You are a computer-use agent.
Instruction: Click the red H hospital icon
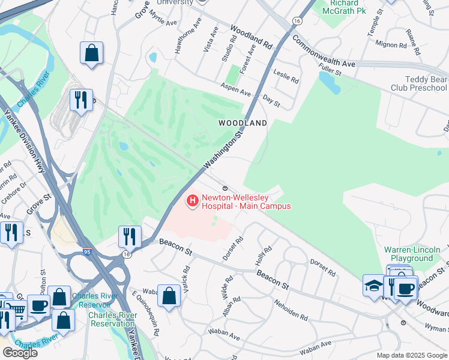193,201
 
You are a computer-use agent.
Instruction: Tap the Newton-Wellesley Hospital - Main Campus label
246,202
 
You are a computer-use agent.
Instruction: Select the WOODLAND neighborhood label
243,123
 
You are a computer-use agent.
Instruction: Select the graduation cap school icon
373,284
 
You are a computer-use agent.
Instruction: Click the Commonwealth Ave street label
324,51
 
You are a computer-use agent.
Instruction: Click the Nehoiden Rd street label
291,307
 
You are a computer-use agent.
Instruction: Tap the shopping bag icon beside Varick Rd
170,296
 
